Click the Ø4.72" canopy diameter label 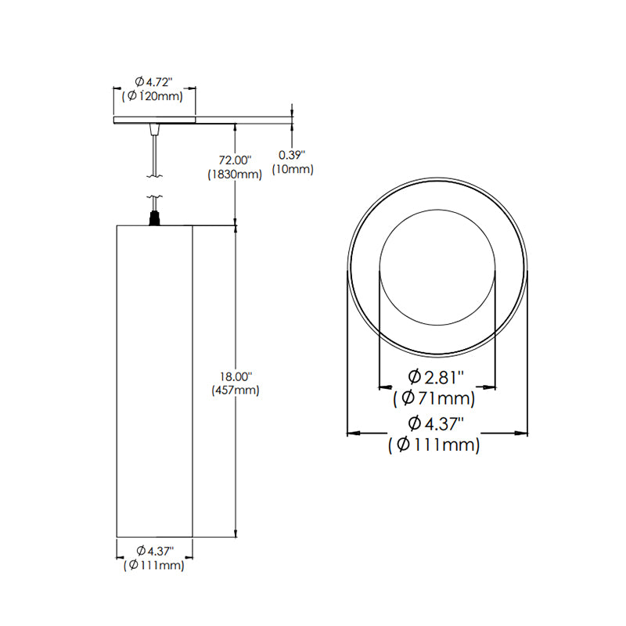(153, 81)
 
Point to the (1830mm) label (234, 174)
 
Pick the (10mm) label (292, 169)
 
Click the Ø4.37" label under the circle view (437, 425)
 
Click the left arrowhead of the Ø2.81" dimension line (383, 386)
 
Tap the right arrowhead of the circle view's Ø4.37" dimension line (523, 432)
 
